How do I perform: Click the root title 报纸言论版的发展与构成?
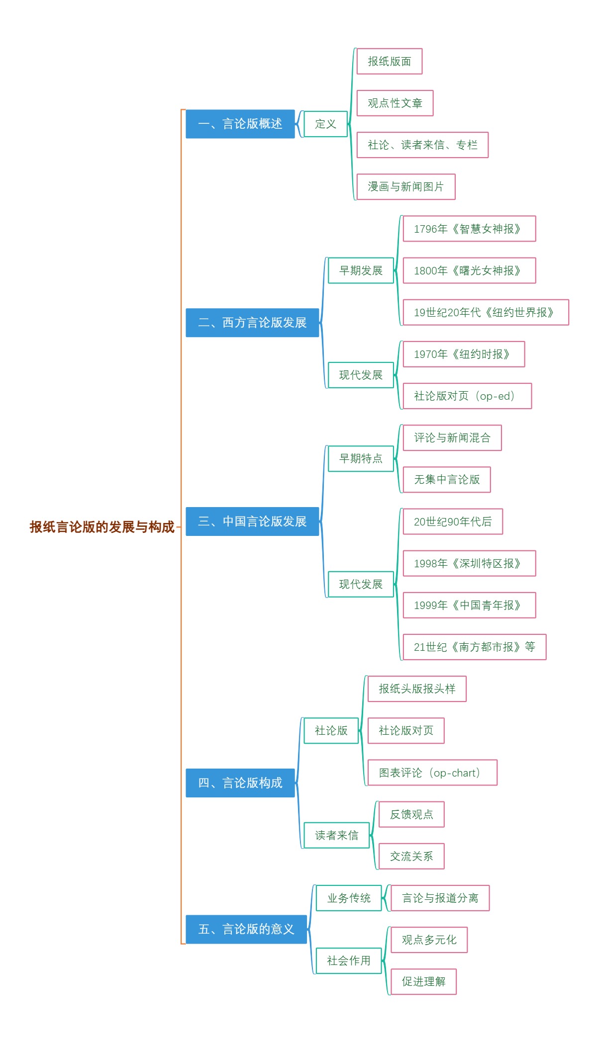(102, 527)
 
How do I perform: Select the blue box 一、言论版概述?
(240, 124)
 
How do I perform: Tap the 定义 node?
(325, 124)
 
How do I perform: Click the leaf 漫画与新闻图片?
(405, 186)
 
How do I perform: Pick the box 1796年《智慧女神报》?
(469, 229)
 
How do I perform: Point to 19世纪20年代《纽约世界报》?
(485, 312)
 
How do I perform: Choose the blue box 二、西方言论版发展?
(252, 323)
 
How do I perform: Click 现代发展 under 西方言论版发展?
(361, 375)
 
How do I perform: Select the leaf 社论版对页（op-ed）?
(467, 396)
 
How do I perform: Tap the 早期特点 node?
(361, 458)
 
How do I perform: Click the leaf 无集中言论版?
(446, 479)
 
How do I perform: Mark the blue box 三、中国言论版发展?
(252, 521)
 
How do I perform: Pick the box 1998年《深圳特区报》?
(469, 563)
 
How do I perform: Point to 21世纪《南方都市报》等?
(474, 647)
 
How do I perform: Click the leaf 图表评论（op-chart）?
(432, 773)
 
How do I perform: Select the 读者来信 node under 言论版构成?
(336, 835)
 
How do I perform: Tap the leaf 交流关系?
(411, 856)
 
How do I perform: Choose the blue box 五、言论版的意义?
(246, 929)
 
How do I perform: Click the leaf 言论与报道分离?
(440, 898)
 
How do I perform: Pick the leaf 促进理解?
(423, 981)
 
